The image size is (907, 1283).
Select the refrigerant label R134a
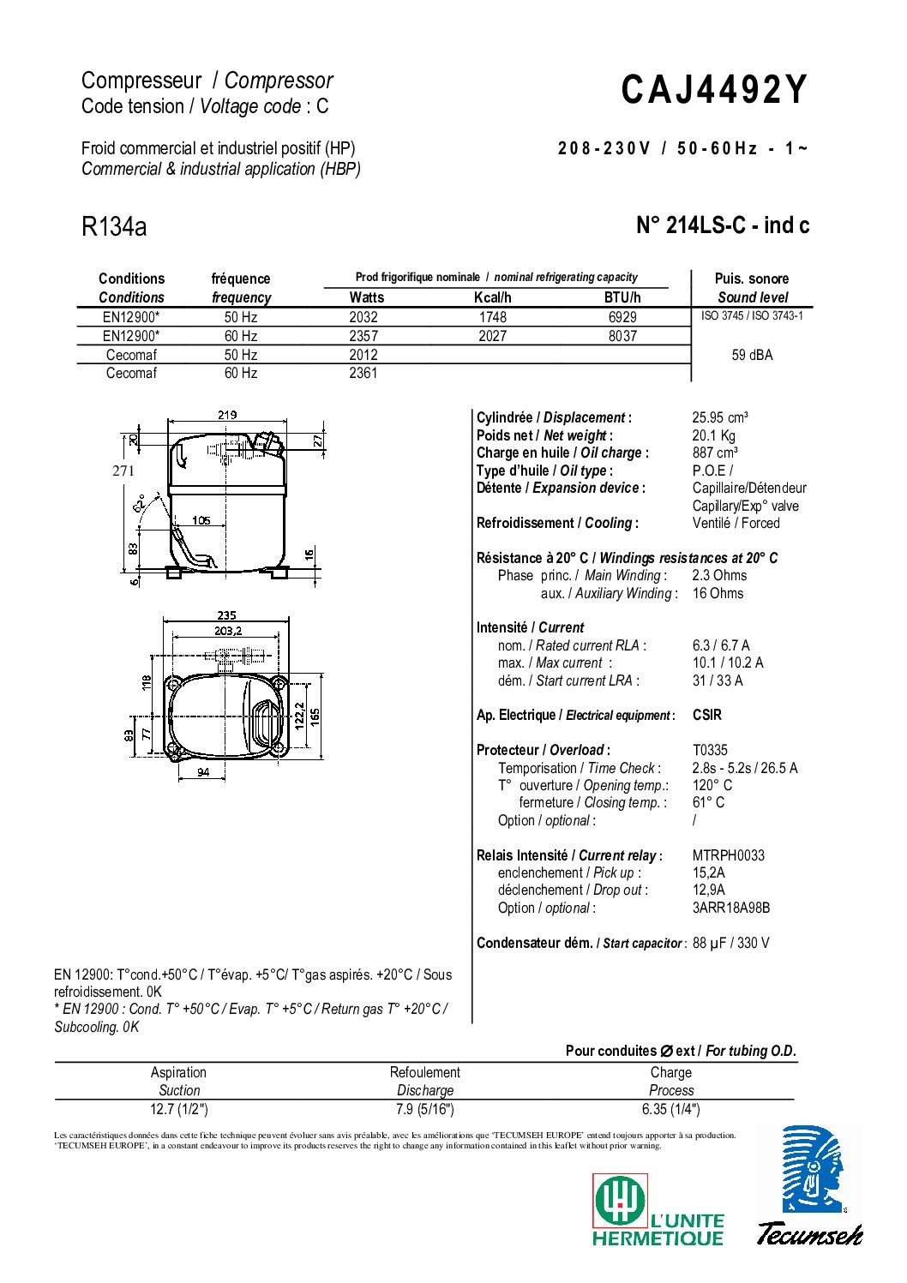(114, 227)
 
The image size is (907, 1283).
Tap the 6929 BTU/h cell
(622, 317)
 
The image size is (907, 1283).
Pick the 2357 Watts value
(363, 336)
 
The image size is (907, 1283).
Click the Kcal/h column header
(492, 297)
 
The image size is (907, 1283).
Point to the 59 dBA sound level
(752, 355)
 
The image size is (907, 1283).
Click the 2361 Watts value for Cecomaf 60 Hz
(363, 373)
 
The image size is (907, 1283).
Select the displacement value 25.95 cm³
(720, 418)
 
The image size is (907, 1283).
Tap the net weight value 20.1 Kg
(713, 435)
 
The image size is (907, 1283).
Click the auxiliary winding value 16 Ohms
(718, 593)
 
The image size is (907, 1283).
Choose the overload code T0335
(710, 750)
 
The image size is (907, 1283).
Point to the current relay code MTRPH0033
(728, 855)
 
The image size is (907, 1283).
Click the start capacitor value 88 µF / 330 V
(730, 943)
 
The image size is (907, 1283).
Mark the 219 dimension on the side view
(227, 415)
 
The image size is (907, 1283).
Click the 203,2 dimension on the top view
(227, 630)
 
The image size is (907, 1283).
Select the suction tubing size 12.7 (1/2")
(179, 1109)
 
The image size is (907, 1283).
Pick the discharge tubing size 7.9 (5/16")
(424, 1109)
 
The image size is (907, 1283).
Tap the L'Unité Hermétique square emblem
(619, 1200)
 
